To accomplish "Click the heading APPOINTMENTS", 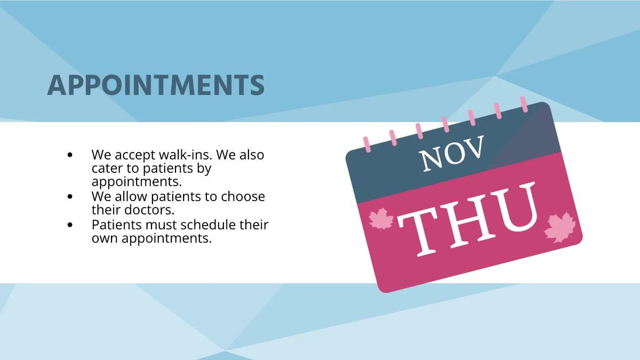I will [x=156, y=85].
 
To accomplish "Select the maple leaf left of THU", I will [x=381, y=219].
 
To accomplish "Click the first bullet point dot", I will [x=70, y=155].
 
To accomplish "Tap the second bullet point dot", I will [x=70, y=197].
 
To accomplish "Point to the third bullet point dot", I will [x=70, y=225].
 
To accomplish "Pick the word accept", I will [x=134, y=155].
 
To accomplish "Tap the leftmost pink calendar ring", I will [x=366, y=144].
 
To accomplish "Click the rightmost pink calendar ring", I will [x=524, y=104].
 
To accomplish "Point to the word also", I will [x=251, y=155].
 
